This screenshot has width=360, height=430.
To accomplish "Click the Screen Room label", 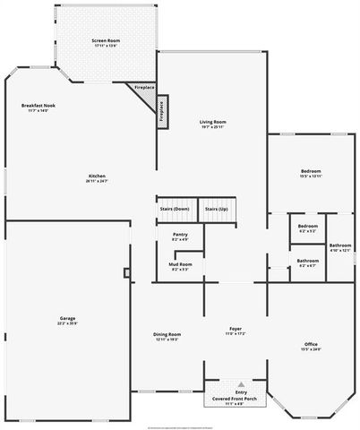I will [105, 40].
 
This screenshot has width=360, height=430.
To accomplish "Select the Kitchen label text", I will [98, 175].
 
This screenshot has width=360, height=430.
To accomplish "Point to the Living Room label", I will [212, 121].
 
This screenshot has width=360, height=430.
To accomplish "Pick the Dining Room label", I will [167, 334].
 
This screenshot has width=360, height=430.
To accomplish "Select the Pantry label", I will [180, 235].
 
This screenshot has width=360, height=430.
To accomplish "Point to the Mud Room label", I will [180, 263].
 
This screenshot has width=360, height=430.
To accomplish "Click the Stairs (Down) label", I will [175, 208].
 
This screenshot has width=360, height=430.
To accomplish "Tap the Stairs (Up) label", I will [217, 208].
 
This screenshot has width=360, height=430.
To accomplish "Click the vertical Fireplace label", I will [161, 108].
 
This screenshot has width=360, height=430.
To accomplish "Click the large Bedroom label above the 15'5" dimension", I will [311, 171].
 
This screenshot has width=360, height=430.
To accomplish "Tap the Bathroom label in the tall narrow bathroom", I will [339, 245].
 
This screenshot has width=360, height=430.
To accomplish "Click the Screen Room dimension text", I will [105, 46].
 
